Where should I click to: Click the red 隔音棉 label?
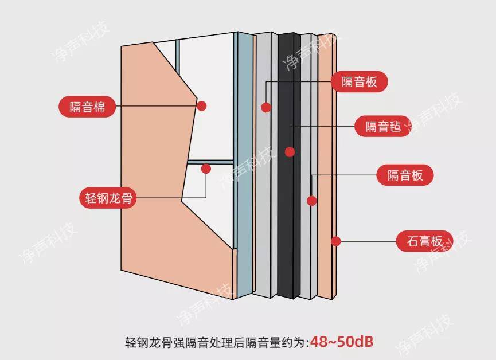(87, 107)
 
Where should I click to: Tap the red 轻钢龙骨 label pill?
(108, 198)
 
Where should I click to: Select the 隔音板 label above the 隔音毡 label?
(360, 81)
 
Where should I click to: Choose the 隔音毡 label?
(383, 126)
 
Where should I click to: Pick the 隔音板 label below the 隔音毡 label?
(405, 175)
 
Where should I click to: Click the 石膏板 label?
(424, 241)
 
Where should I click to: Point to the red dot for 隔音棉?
(201, 105)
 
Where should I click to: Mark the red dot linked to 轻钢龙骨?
(206, 169)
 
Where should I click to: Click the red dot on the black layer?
(290, 152)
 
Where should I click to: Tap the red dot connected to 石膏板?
(336, 241)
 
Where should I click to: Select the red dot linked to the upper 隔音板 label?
(266, 107)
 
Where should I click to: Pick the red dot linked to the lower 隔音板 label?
(311, 201)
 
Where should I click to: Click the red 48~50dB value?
(342, 342)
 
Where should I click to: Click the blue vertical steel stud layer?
(243, 165)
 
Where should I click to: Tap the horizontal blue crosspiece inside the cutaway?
(210, 162)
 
